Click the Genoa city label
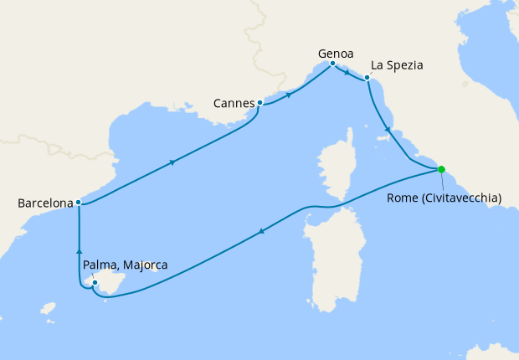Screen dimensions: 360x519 [x=334, y=53]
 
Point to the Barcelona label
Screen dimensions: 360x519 [x=44, y=203]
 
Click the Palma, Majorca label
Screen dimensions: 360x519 [x=126, y=265]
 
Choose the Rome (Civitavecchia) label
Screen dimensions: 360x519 [x=444, y=198]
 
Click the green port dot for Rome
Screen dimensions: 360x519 [x=441, y=170]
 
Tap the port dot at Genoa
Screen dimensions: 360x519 [x=333, y=64]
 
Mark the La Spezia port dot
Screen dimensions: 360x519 [x=367, y=80]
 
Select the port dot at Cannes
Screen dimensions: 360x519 [x=260, y=103]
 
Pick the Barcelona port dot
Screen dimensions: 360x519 [x=78, y=202]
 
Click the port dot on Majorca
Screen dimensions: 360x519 [x=95, y=283]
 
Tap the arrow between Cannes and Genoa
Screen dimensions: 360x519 [x=290, y=94]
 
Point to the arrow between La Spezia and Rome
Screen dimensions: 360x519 [x=386, y=131]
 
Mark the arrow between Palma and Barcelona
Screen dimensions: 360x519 [x=79, y=249]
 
